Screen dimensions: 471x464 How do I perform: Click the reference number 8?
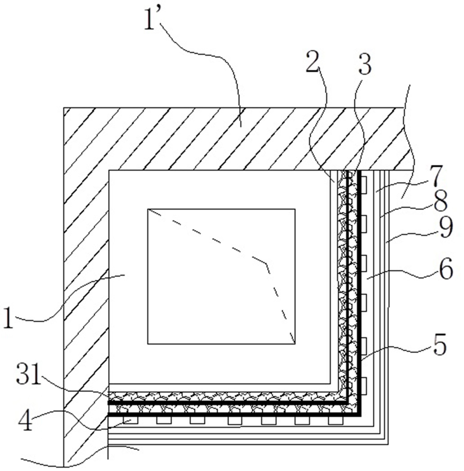click(440, 202)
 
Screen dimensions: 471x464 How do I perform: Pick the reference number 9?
click(446, 227)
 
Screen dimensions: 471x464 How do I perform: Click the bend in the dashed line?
click(267, 263)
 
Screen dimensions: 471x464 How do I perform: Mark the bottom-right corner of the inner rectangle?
click(295, 344)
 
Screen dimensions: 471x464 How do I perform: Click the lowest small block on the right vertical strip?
click(364, 386)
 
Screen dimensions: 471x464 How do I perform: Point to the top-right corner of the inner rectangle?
click(295, 209)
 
